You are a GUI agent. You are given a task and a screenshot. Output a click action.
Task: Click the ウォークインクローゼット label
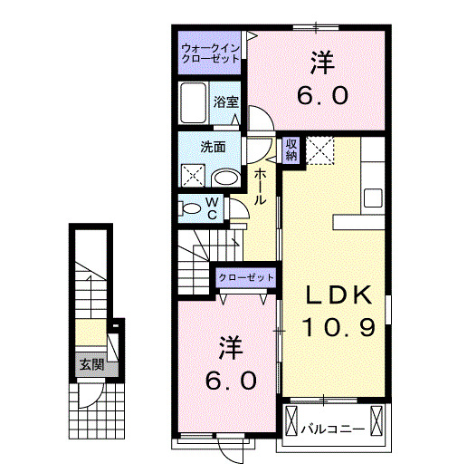pos(210,52)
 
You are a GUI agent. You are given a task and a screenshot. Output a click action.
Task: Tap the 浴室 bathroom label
pos(226,102)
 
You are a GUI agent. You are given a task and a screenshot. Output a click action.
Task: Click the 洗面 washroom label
pos(214,146)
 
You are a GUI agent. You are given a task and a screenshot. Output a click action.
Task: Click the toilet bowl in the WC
pos(192,208)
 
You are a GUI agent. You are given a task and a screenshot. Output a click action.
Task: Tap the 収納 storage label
pos(292,150)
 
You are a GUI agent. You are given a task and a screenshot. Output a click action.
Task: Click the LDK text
pos(336,295)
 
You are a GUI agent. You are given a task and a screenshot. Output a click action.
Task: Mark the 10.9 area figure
pos(338,327)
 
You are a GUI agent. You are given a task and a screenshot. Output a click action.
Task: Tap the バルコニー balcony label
pos(332,427)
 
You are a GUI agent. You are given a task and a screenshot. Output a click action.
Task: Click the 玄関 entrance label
pos(91,365)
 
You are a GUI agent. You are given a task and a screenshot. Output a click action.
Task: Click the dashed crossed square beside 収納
pos(321,150)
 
